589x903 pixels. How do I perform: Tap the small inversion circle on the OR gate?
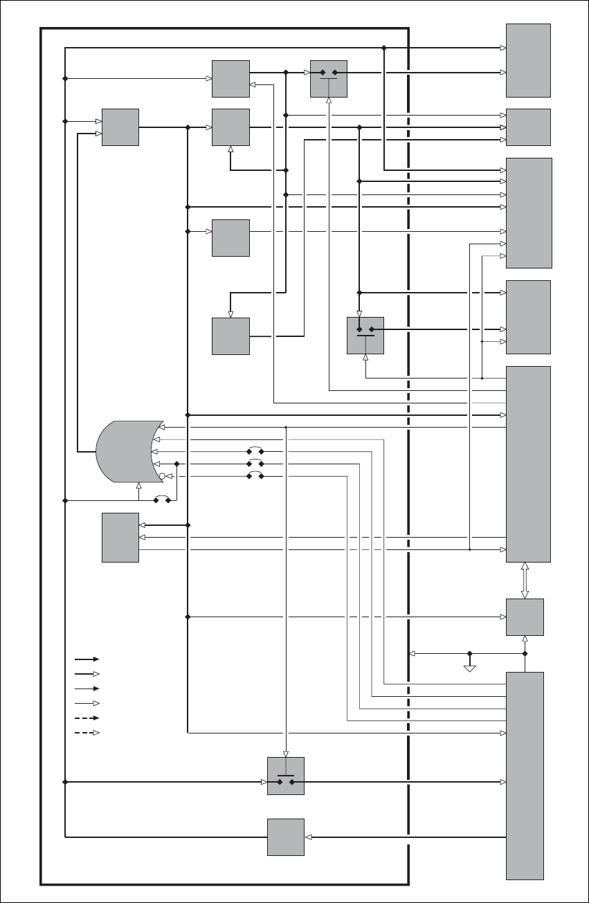click(x=161, y=477)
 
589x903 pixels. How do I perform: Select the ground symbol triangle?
click(x=470, y=668)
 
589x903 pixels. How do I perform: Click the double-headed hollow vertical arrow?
click(x=525, y=580)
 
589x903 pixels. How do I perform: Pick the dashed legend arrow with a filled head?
click(x=87, y=718)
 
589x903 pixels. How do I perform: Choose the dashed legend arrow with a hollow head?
click(x=87, y=733)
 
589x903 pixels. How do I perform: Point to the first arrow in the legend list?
click(x=87, y=659)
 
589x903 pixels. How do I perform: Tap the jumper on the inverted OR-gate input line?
click(x=255, y=477)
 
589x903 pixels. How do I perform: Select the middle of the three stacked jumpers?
click(x=255, y=464)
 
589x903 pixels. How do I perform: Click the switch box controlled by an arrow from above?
click(x=286, y=776)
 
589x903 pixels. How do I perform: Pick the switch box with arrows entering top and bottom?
click(x=365, y=336)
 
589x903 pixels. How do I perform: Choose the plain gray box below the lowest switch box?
click(x=286, y=837)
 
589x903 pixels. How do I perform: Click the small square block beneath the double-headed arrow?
click(x=525, y=617)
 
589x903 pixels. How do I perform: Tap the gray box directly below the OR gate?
click(x=120, y=538)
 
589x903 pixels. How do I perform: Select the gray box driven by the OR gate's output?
click(x=120, y=127)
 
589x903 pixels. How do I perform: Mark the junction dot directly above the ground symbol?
click(x=470, y=653)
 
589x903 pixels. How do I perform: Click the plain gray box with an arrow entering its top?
click(x=230, y=336)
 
